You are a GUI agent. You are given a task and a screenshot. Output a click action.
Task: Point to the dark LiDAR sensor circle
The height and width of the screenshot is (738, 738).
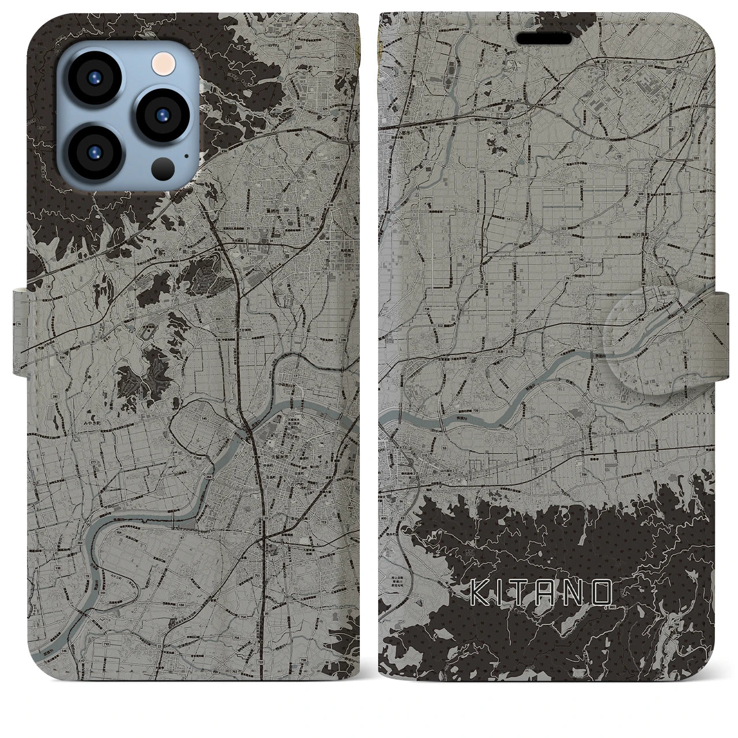[x=163, y=168]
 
